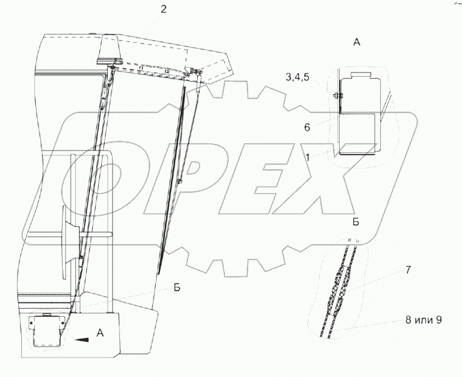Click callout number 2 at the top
click(163, 9)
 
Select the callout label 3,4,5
click(298, 77)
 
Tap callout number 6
click(307, 127)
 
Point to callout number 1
click(307, 157)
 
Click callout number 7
click(408, 270)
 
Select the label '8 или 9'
click(424, 320)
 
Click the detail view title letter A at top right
click(357, 43)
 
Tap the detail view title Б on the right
click(356, 222)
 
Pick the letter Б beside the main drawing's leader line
click(177, 287)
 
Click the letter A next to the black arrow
click(100, 333)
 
